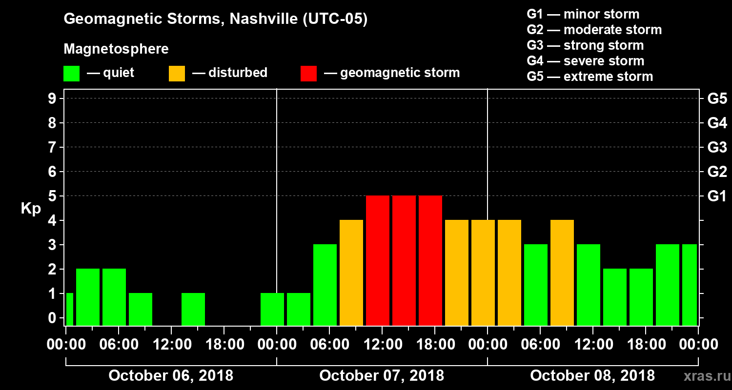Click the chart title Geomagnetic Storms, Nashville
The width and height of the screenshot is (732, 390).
click(x=215, y=19)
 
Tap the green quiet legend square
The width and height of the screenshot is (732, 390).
click(x=71, y=74)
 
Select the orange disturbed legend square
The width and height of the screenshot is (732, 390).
click(x=177, y=74)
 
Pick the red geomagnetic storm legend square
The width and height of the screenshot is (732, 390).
click(x=308, y=74)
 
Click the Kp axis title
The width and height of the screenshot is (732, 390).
click(x=31, y=209)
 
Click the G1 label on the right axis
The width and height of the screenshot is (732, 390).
click(x=716, y=196)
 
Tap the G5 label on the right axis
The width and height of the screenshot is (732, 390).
click(x=716, y=99)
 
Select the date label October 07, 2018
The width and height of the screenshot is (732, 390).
click(x=382, y=376)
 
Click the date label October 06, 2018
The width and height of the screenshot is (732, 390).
click(x=171, y=376)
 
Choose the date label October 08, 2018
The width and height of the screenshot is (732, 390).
click(x=592, y=376)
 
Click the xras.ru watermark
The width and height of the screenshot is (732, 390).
click(x=703, y=376)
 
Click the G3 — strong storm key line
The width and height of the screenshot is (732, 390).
click(x=585, y=45)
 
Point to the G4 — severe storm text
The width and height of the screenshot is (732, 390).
click(x=585, y=61)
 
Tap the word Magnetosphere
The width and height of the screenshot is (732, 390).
click(x=116, y=49)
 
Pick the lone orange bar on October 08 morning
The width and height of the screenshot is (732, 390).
click(x=562, y=273)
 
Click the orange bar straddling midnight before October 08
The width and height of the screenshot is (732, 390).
click(x=483, y=273)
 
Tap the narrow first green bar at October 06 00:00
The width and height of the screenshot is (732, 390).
click(x=69, y=309)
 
